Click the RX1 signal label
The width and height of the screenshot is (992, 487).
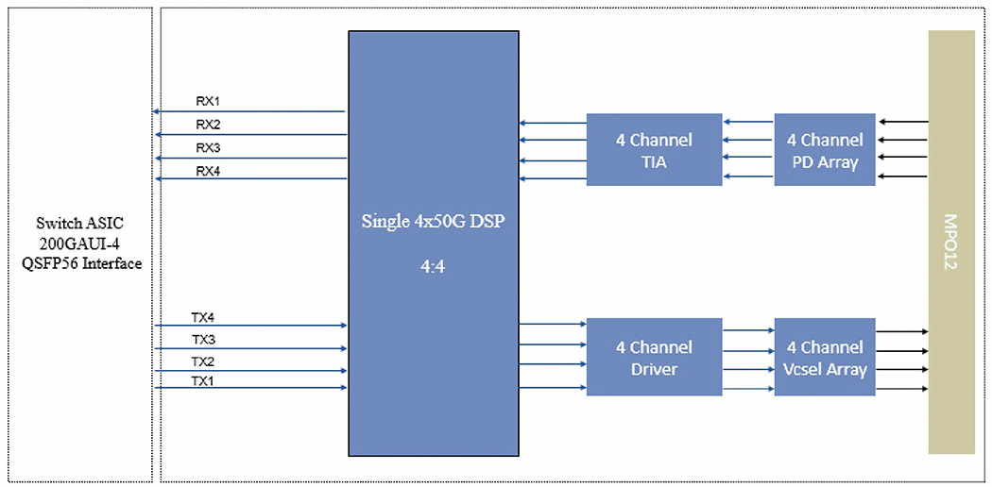point(207,101)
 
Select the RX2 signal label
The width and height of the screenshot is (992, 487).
point(207,125)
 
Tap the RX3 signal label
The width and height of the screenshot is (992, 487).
point(207,148)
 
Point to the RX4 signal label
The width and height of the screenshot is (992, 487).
point(207,171)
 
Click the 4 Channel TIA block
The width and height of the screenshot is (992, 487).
point(654,150)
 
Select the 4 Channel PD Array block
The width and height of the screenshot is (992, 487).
point(825,150)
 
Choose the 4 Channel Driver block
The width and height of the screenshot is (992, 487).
point(654,357)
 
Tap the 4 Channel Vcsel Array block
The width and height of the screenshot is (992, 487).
point(825,357)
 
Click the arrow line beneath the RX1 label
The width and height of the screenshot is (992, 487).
point(250,112)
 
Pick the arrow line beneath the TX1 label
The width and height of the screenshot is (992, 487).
point(250,388)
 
